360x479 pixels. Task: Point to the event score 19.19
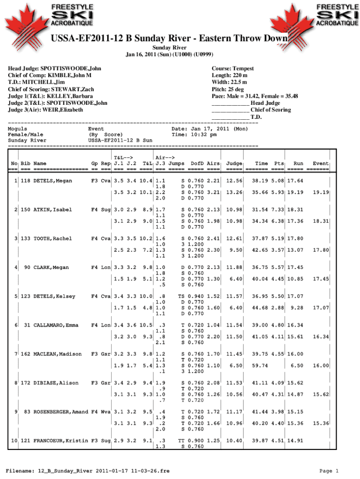[321, 192]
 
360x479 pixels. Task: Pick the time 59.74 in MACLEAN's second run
[260, 365]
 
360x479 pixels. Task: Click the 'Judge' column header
[234, 163]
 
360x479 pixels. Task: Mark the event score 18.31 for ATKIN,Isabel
[321, 221]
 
